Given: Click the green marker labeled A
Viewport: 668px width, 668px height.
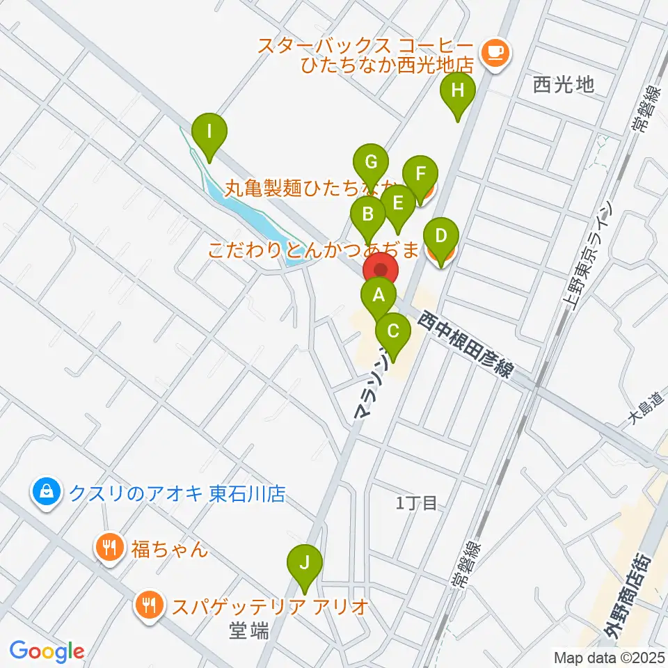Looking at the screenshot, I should [379, 294].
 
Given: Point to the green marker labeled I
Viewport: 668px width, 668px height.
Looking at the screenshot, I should [208, 130].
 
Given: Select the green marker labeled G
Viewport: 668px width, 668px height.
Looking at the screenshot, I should [371, 164].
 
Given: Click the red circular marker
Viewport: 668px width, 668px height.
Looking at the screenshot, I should [381, 270].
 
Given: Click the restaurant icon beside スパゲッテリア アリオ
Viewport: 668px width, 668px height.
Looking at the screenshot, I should [149, 605].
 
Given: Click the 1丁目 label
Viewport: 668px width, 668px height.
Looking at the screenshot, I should [416, 503].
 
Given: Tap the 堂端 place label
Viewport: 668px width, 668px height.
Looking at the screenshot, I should [249, 632].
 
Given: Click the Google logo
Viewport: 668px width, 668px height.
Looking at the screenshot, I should [47, 651].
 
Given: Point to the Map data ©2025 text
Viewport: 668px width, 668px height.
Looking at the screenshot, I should [609, 656].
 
